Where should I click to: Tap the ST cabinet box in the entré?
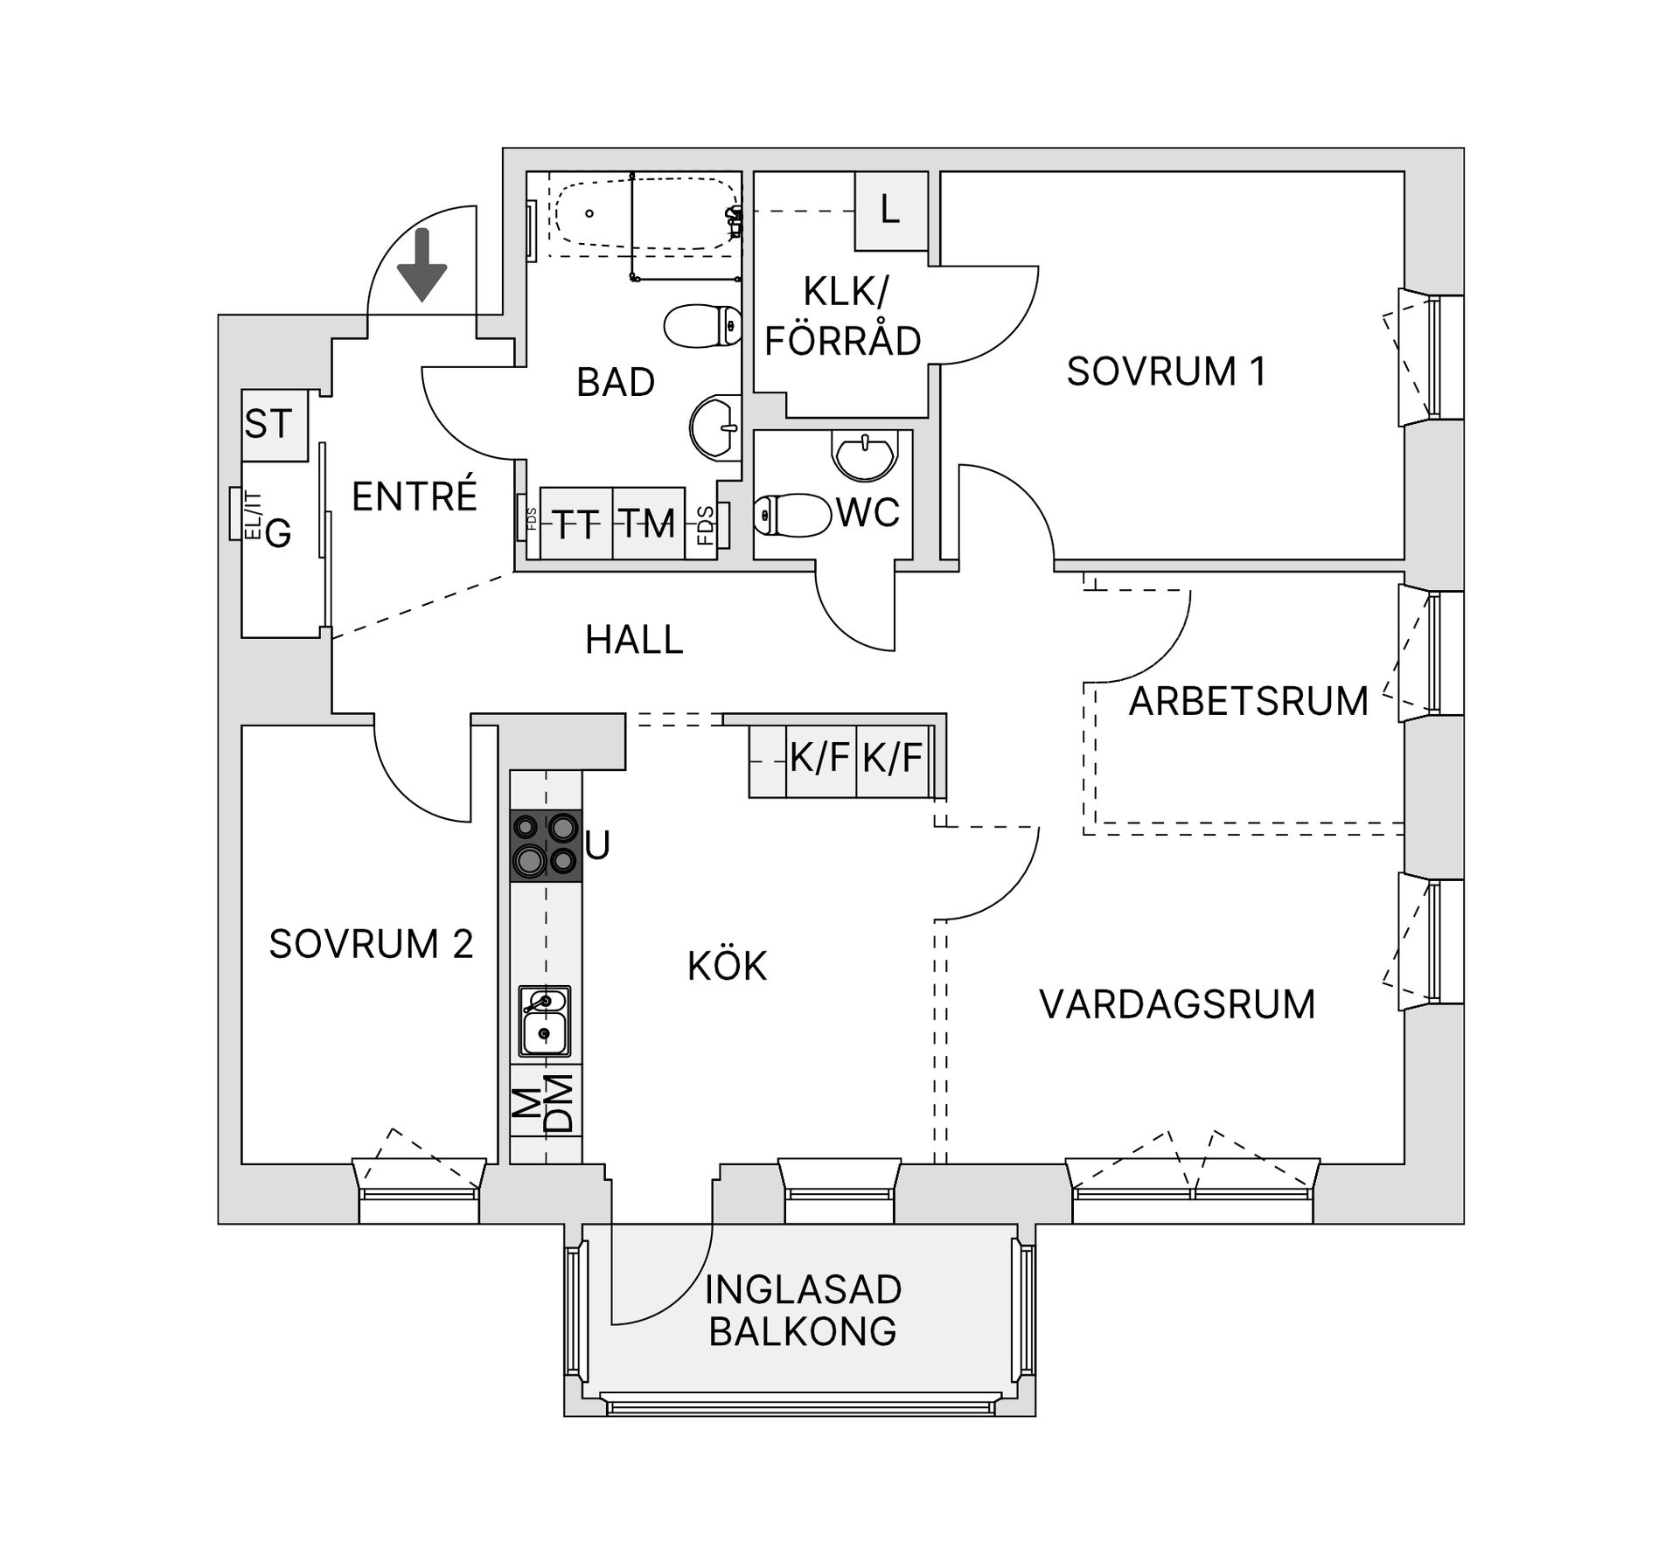[x=274, y=425]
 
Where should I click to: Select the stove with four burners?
[x=546, y=844]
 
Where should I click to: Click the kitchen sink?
[x=545, y=1020]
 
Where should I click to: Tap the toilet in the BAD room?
[x=702, y=326]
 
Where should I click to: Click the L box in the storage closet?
[x=890, y=211]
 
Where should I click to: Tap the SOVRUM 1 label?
[x=1166, y=371]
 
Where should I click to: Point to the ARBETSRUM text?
[x=1248, y=702]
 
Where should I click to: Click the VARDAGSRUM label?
[x=1177, y=1004]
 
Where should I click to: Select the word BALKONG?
[x=802, y=1331]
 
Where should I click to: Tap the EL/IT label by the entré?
[x=253, y=516]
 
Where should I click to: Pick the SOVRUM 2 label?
[x=371, y=944]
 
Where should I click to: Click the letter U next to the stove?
[x=597, y=845]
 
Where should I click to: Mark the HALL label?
[x=634, y=640]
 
